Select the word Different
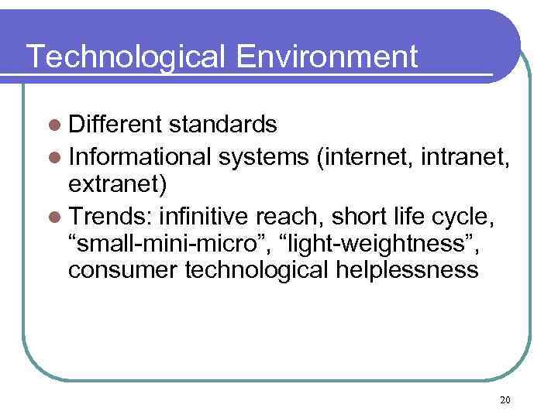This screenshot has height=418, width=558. tap(115, 124)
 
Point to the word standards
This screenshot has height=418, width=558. tap(223, 124)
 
